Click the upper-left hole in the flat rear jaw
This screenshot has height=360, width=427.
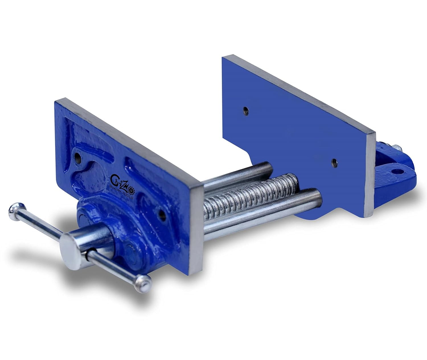pos(246,111)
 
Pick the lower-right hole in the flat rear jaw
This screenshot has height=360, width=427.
pos(335,163)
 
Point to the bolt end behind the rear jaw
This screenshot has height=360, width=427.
pos(397,149)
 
